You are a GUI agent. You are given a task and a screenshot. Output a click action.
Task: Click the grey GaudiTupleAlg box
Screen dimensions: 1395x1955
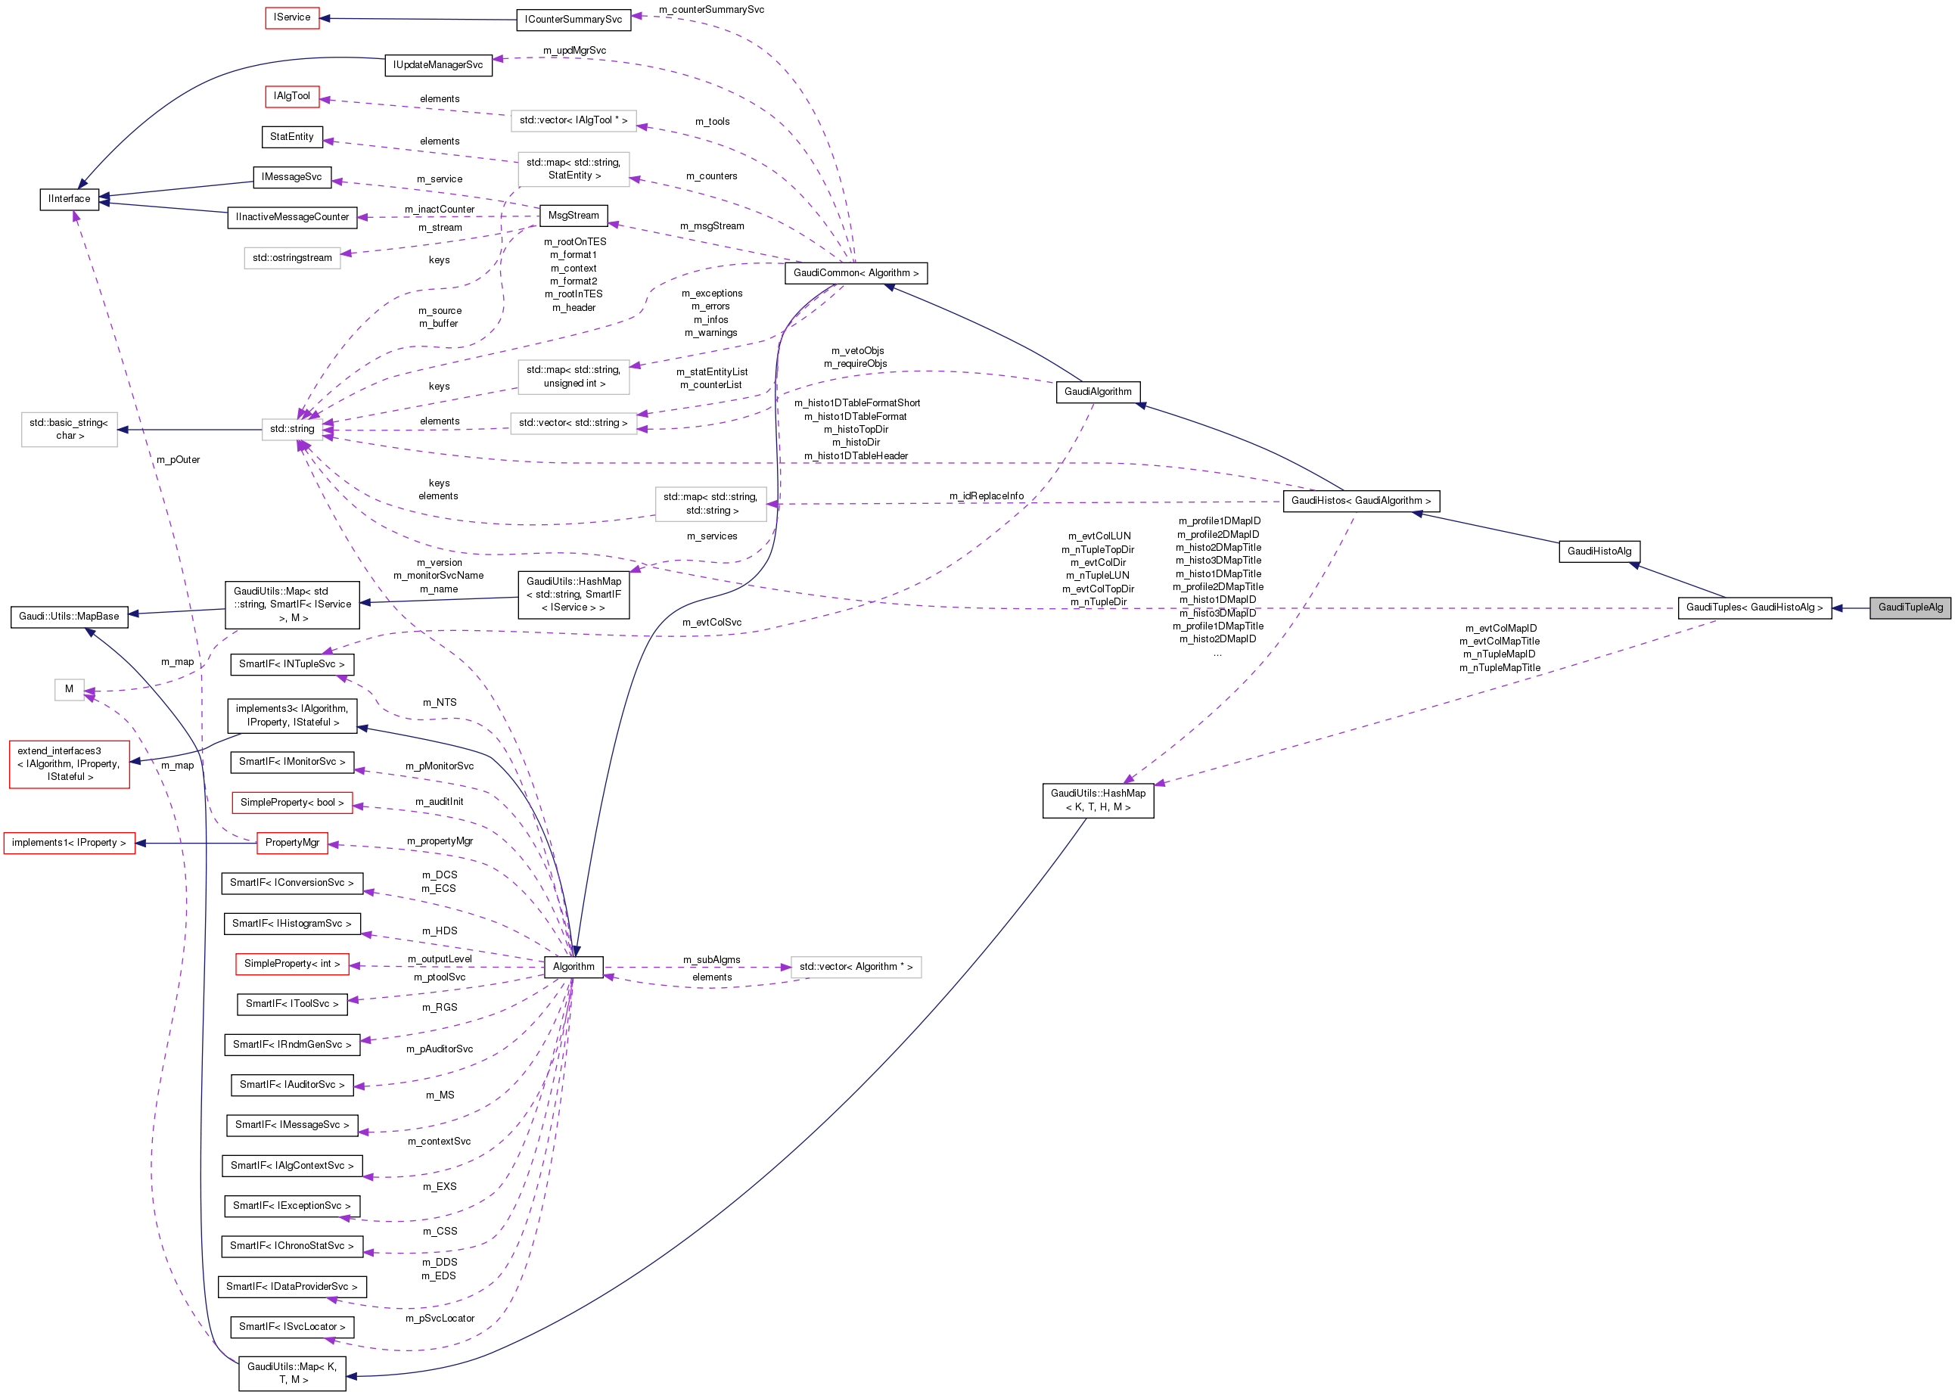(1910, 607)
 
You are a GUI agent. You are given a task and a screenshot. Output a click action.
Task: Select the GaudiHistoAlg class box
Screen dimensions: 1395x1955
(1599, 551)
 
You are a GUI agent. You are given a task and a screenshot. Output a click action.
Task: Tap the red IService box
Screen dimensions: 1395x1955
(292, 17)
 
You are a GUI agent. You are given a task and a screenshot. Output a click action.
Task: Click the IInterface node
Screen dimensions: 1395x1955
(69, 198)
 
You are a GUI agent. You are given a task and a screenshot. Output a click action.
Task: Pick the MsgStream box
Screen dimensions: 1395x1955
(573, 216)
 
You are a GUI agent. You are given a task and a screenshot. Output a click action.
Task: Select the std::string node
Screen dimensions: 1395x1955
(292, 429)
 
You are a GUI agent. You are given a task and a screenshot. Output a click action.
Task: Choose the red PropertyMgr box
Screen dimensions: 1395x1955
(292, 843)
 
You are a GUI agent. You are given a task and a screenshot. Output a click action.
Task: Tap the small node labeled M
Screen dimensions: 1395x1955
(69, 689)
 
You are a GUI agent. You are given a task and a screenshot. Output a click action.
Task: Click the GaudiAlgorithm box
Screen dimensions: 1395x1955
(1098, 392)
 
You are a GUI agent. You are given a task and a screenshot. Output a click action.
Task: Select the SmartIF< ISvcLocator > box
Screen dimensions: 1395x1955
(292, 1326)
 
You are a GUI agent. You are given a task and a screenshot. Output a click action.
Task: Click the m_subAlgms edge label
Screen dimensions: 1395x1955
(711, 959)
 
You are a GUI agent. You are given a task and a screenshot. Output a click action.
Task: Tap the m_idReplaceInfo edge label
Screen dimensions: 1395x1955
(986, 496)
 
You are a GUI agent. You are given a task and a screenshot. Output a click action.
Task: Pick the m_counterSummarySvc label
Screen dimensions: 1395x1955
(711, 9)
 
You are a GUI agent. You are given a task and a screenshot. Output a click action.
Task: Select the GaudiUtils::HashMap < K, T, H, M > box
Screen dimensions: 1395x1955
(1098, 800)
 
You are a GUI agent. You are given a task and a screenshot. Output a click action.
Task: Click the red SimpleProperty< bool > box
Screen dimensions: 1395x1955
(292, 803)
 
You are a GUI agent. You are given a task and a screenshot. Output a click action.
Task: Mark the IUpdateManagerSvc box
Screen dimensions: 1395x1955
(438, 64)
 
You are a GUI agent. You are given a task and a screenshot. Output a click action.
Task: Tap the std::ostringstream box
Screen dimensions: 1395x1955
(292, 258)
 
